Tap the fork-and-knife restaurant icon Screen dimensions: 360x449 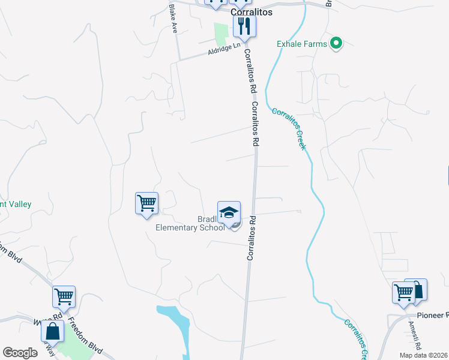[x=245, y=25]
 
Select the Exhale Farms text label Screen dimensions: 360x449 [x=301, y=43]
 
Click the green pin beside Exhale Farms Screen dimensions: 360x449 [x=337, y=43]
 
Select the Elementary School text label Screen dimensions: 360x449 [x=190, y=227]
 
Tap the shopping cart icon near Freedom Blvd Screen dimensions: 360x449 [x=64, y=296]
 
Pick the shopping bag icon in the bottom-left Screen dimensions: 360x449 [x=52, y=331]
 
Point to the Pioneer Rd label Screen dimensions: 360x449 [x=433, y=315]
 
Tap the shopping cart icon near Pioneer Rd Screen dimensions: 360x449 [x=403, y=292]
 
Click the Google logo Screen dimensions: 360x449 [x=20, y=353]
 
